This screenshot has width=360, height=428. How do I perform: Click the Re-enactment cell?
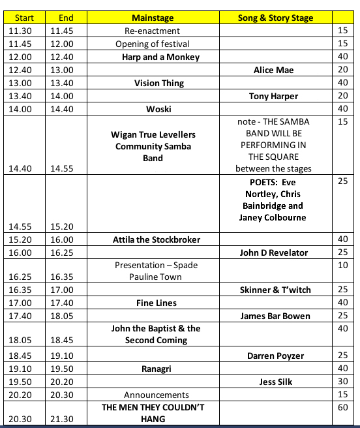pyautogui.click(x=152, y=31)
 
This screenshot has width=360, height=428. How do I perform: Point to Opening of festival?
pyautogui.click(x=152, y=44)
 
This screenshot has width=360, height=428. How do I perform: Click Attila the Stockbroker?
pyautogui.click(x=157, y=239)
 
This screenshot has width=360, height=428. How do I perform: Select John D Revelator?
pyautogui.click(x=273, y=252)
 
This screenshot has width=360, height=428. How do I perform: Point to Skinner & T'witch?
pyautogui.click(x=275, y=290)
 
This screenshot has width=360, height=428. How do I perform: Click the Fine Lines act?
pyautogui.click(x=157, y=303)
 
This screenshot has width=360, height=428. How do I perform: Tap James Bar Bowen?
pyautogui.click(x=275, y=316)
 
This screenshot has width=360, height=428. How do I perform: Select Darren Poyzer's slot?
pyautogui.click(x=275, y=356)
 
